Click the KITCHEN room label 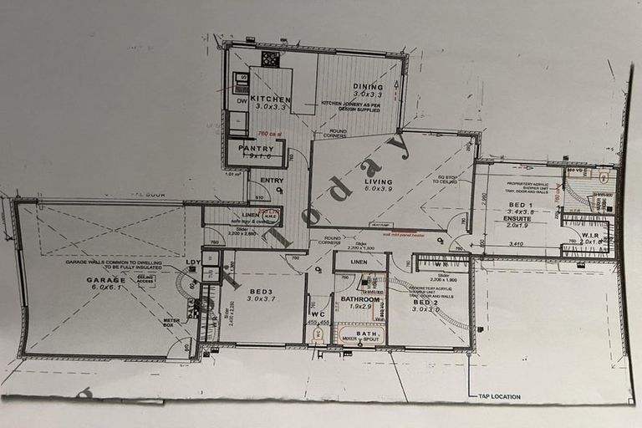click(270, 98)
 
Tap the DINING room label click(368, 87)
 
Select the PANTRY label click(256, 148)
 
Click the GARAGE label click(105, 280)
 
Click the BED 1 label click(521, 205)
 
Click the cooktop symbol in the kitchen click(270, 59)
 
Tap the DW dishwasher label click(241, 102)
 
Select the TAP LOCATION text click(499, 396)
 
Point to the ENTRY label click(272, 181)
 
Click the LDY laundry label click(193, 262)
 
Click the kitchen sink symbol click(241, 83)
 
